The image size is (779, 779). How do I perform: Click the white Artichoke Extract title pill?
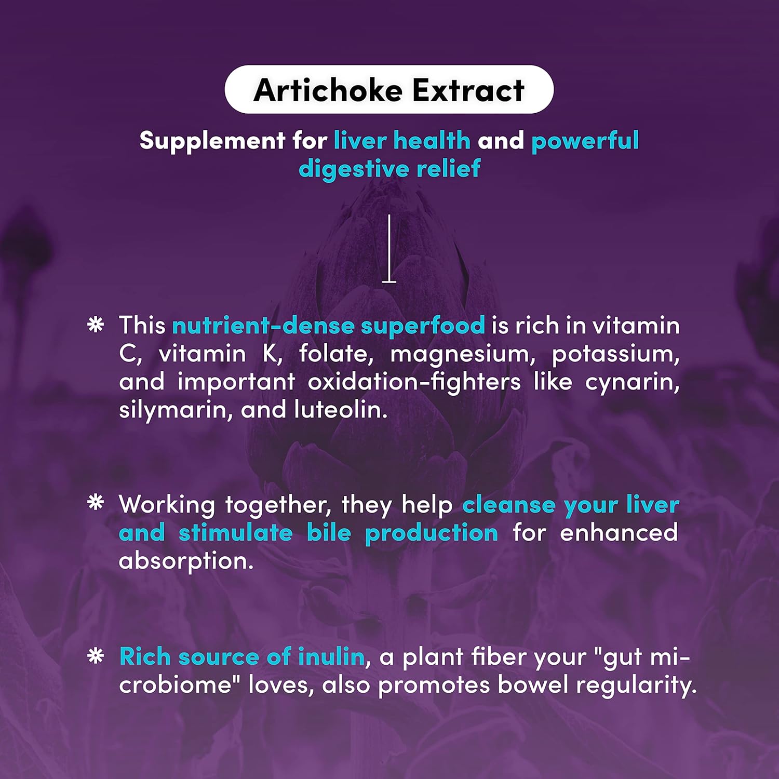point(389,90)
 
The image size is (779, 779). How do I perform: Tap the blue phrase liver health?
point(402,141)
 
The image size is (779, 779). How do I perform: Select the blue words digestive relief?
point(389,169)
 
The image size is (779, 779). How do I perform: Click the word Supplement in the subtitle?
point(212,141)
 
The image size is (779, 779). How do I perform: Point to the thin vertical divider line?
point(389,248)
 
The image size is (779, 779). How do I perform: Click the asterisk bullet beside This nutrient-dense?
point(96,325)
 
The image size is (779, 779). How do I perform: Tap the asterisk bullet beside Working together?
point(96,503)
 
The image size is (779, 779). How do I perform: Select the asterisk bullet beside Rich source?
point(96,656)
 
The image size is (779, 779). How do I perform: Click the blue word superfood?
point(423,326)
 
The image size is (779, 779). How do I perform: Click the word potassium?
point(615,354)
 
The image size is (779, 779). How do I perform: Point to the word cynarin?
point(632,382)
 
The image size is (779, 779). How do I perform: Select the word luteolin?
point(341,410)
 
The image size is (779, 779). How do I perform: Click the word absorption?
point(186,561)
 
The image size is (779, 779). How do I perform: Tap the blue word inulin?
point(331,657)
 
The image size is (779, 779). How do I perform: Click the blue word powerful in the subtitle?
point(585,141)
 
